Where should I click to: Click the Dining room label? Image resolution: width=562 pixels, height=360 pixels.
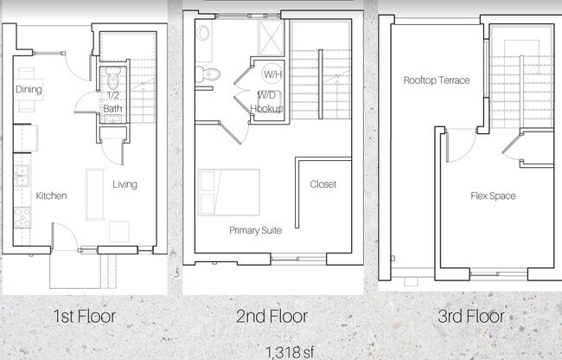click(29, 89)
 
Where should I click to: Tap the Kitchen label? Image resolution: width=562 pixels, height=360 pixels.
click(51, 196)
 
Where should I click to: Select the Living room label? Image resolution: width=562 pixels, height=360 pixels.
click(125, 184)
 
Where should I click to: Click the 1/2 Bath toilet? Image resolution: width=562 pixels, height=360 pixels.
click(112, 78)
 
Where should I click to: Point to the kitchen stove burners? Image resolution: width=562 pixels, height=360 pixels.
click(22, 217)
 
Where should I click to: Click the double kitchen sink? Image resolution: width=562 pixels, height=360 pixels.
click(22, 176)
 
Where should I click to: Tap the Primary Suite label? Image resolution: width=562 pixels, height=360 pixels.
click(256, 230)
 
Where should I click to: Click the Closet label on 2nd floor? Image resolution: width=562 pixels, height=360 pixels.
click(323, 184)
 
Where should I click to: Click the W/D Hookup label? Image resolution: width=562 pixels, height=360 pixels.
click(266, 102)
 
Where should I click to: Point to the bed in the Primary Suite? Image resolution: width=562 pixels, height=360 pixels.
click(229, 193)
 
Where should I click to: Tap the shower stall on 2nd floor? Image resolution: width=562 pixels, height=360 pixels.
click(271, 38)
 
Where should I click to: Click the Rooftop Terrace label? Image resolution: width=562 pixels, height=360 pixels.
click(437, 80)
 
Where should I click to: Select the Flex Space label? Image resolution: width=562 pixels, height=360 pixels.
click(493, 196)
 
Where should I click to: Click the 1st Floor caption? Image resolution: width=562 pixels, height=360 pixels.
click(85, 316)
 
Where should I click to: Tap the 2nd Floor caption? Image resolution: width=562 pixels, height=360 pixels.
click(272, 316)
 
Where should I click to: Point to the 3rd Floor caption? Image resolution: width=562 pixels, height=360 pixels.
click(471, 316)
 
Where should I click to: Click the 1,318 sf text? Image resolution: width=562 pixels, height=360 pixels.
click(290, 352)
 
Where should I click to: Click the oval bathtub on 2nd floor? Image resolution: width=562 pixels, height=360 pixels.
click(203, 33)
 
